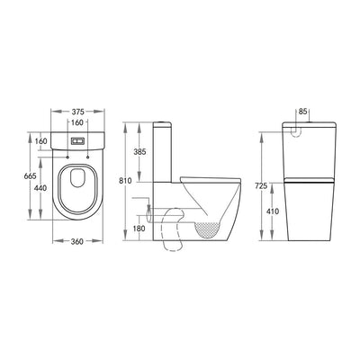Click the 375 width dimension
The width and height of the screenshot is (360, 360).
pos(77,112)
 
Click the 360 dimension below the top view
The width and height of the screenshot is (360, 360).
pos(77,241)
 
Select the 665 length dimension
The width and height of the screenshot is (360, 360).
pos(30,176)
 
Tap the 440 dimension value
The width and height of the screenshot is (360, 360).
pos(40,188)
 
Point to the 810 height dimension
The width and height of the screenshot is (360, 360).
pos(125,181)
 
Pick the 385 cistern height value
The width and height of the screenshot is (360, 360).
pos(139,152)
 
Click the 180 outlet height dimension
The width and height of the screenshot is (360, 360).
pos(139,229)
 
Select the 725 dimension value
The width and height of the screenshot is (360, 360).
pos(261,186)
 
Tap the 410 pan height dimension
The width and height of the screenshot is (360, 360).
pos(273,211)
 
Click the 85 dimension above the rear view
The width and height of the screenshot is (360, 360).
pos(303,112)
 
